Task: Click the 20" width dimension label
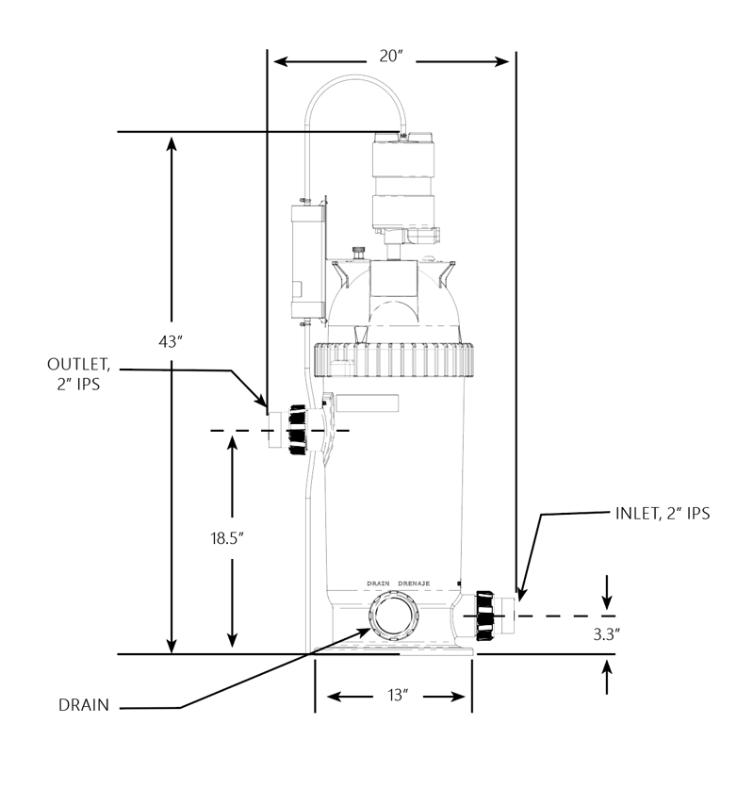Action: [x=391, y=56]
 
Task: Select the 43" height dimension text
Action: [x=170, y=341]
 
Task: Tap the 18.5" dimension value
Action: [x=227, y=538]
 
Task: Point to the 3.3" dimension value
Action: [x=606, y=634]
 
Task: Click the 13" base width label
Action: [x=398, y=695]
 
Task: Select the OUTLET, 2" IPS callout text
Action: [x=78, y=374]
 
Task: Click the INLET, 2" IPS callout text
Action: [x=663, y=513]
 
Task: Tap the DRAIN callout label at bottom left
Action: [x=84, y=705]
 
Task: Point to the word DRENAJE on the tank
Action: [x=414, y=584]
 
